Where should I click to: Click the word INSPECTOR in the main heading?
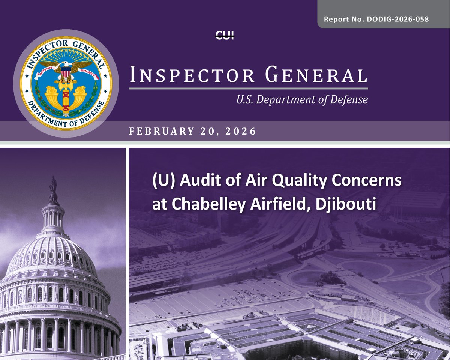pyautogui.click(x=192, y=75)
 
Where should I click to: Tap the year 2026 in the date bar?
pyautogui.click(x=242, y=132)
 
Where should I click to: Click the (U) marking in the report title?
pyautogui.click(x=162, y=182)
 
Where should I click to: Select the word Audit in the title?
pyautogui.click(x=195, y=182)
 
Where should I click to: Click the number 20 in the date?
pyautogui.click(x=214, y=132)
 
